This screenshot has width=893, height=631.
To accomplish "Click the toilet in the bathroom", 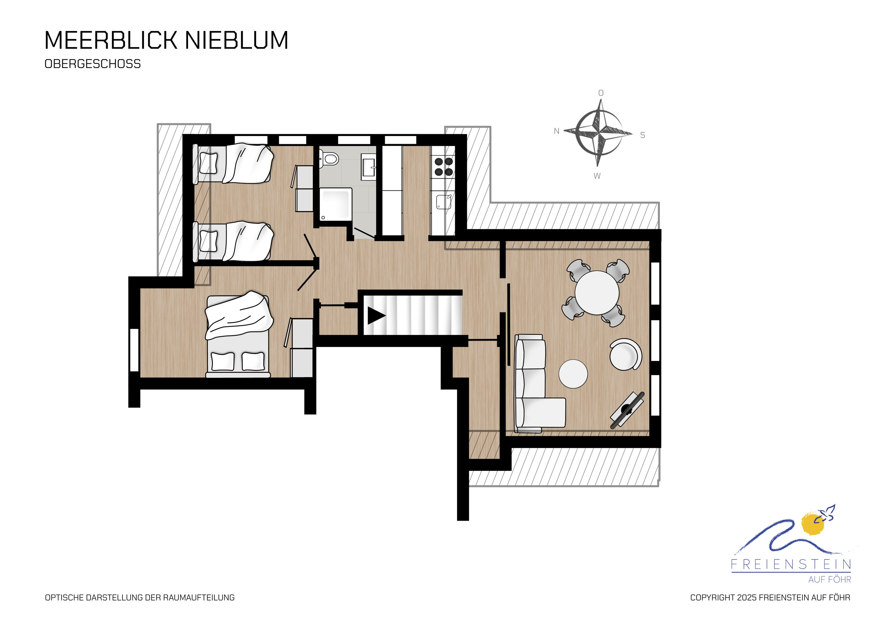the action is click(x=329, y=159).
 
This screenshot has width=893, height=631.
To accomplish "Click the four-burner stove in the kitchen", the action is click(x=444, y=166).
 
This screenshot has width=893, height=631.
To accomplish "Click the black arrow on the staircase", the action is click(x=377, y=316).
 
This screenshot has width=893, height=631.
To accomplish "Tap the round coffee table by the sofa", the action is click(x=573, y=374).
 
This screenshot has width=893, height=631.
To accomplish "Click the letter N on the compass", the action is click(x=557, y=131).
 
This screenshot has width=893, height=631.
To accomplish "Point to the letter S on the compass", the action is click(x=643, y=135).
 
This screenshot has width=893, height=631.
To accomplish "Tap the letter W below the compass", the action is click(x=597, y=176).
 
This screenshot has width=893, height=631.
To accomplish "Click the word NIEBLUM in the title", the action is click(x=236, y=40).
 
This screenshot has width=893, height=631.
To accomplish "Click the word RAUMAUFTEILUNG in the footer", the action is click(x=199, y=598).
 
